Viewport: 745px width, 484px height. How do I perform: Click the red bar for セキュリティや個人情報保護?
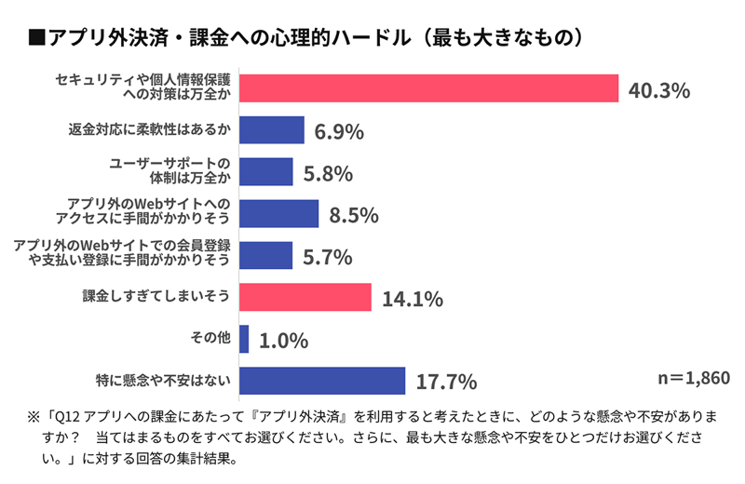coord(429,88)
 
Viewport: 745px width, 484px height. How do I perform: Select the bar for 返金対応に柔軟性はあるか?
coord(272,130)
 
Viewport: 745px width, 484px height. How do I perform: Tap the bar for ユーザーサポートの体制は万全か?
coord(266,172)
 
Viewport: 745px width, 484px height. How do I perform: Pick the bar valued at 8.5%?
coord(279,214)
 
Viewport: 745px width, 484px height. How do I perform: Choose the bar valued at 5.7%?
coord(266,255)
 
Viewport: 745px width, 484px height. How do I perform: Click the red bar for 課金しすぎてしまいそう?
coord(305,298)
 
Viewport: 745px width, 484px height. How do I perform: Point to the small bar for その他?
coord(244,339)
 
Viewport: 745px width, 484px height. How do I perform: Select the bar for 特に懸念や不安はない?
coord(322,381)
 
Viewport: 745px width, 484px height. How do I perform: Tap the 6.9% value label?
coord(338,132)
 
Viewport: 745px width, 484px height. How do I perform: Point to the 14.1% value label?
coord(411,300)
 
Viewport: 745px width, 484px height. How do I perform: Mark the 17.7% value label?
coord(445,382)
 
